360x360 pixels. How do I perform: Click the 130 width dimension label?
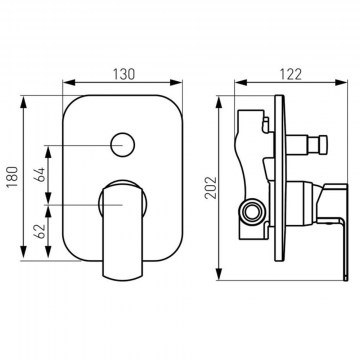coord(124,74)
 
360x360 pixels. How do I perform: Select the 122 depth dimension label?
coord(290,74)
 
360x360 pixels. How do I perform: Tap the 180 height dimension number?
coord(13,177)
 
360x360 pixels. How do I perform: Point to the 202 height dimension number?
coord(211,188)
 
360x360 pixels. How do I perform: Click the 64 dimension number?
coord(40,174)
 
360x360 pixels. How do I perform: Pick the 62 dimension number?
coord(40,231)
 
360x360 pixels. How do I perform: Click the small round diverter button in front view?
coord(123,145)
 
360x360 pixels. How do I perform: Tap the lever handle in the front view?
coord(123,231)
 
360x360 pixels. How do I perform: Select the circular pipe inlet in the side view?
coord(252,211)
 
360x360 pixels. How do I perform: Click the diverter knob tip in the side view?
coord(323,145)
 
